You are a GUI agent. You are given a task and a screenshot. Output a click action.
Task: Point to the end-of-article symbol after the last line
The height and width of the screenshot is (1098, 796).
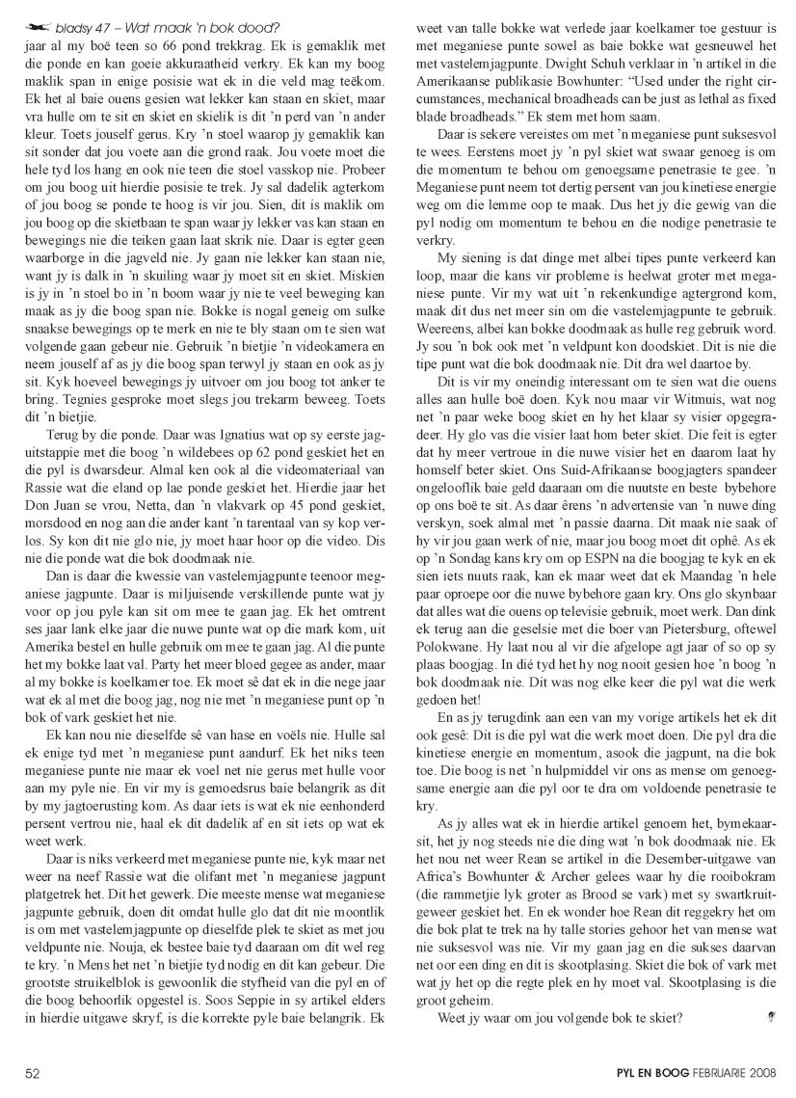click(770, 1033)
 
